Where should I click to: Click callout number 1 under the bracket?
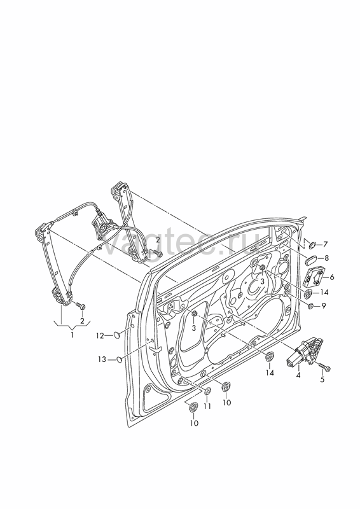coord(73,335)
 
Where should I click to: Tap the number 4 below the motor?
coord(298,375)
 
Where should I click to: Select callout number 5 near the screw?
coord(322,379)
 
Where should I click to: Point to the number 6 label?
coord(331,277)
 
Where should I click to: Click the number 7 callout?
coord(325,244)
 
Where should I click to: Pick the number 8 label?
coord(326,258)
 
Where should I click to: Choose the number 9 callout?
coord(323,305)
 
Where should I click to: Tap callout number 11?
coord(207,406)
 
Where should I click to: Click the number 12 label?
coord(100,336)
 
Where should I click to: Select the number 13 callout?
coord(102,359)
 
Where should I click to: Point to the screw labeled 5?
coord(324,367)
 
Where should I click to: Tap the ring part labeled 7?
coord(312,244)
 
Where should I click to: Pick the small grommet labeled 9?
coord(310,306)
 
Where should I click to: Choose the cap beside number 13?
coord(120,359)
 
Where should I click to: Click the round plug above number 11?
coord(207,391)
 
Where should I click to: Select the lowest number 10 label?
coord(194,423)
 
